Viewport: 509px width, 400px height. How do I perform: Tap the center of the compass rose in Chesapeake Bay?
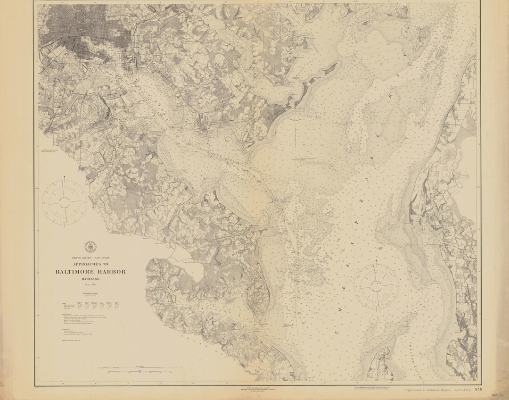tap(376, 285)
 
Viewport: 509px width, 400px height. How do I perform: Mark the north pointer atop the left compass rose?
tap(65, 179)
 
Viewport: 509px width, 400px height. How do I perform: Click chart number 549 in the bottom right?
tap(479, 389)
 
